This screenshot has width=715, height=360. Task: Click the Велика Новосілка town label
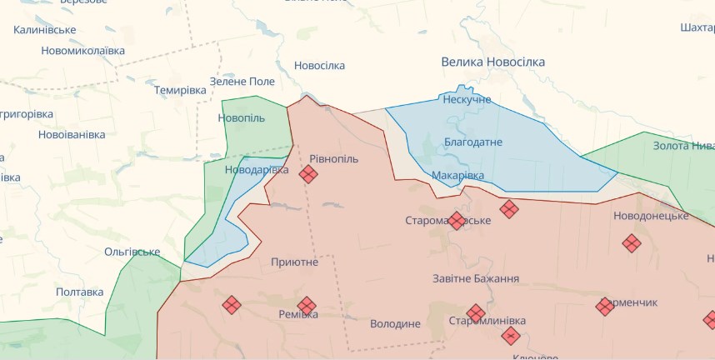click(x=492, y=62)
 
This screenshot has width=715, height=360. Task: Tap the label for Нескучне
click(x=467, y=99)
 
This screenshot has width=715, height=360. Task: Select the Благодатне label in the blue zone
click(x=472, y=142)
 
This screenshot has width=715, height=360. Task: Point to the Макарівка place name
click(x=457, y=175)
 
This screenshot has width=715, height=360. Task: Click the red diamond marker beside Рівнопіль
click(x=308, y=173)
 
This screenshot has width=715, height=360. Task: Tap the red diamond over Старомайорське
click(x=457, y=221)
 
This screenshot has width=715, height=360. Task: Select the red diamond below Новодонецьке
click(x=632, y=243)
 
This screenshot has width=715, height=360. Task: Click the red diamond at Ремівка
click(x=307, y=306)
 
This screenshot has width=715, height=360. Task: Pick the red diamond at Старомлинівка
click(x=476, y=313)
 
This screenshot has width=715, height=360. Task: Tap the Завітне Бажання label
click(x=476, y=279)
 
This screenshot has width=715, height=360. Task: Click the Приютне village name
click(x=294, y=262)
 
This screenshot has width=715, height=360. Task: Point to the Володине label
click(x=395, y=323)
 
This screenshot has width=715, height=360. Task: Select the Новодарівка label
click(x=257, y=170)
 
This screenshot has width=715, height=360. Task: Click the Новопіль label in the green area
click(x=242, y=118)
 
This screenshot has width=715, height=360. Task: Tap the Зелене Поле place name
click(x=242, y=81)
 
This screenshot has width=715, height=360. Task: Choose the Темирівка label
click(x=180, y=90)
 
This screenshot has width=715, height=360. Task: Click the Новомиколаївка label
click(x=83, y=51)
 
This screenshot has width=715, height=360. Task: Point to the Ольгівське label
click(x=132, y=252)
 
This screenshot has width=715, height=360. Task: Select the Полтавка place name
click(x=80, y=292)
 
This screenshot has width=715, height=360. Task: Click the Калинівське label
click(x=45, y=30)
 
